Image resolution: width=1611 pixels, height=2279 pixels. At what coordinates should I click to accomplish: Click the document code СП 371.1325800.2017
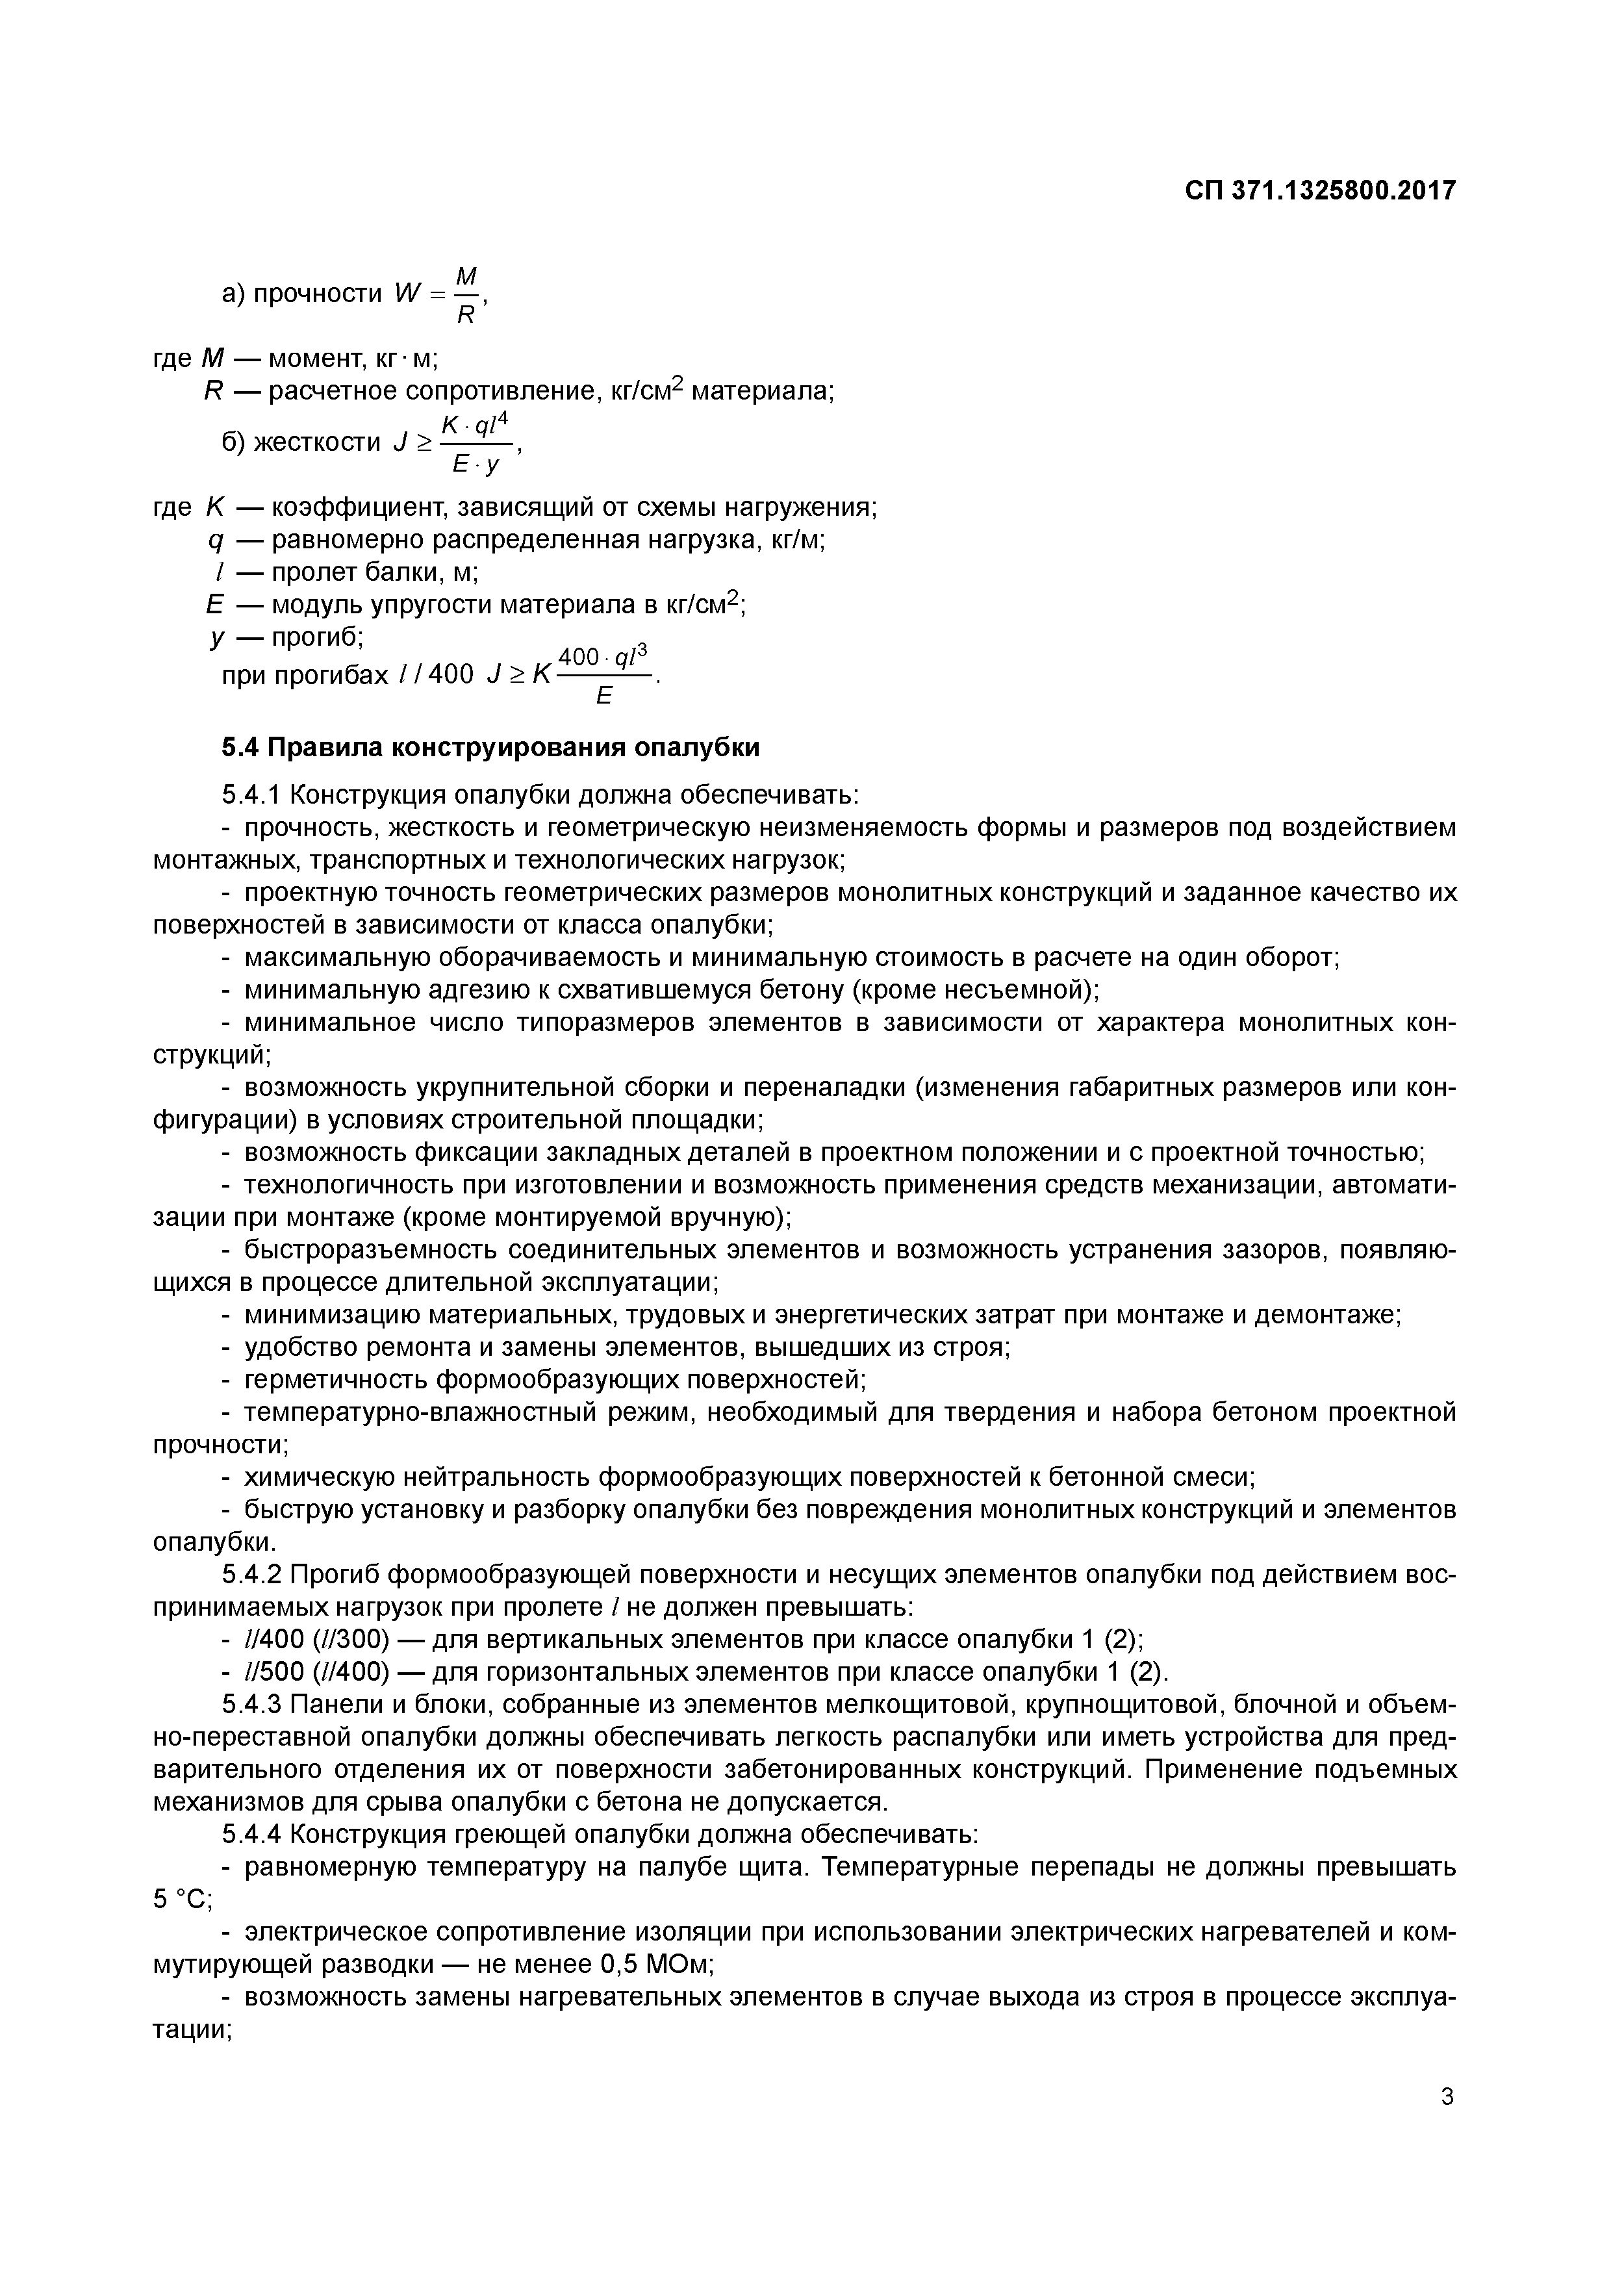coord(1319,190)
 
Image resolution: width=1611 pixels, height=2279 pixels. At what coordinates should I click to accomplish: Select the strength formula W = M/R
coord(437,295)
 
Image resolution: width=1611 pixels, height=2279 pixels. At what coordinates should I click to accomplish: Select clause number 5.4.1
coord(252,795)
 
